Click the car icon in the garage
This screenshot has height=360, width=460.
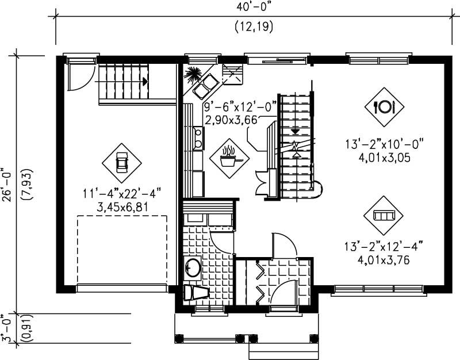121,163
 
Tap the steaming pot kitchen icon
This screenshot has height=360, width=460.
229,156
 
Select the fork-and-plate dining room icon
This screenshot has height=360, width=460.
384,106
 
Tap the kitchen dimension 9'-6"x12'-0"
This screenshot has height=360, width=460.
240,107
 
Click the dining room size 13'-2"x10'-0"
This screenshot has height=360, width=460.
384,144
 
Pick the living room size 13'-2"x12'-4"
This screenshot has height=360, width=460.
384,247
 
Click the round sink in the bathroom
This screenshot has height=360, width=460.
193,267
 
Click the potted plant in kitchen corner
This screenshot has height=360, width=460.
192,74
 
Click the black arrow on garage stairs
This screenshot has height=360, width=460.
145,82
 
